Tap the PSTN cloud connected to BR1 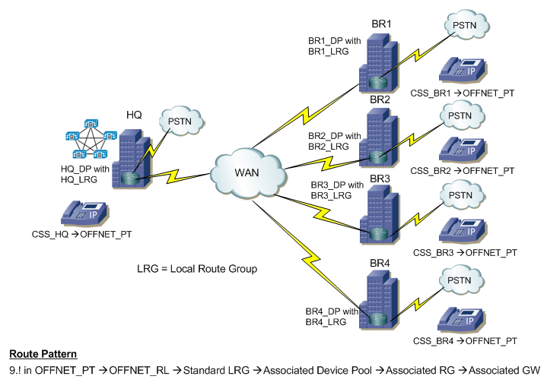(x=465, y=25)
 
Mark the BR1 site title (x=380, y=25)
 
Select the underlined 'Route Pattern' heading (x=42, y=355)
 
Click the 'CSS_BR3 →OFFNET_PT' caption (x=464, y=251)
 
